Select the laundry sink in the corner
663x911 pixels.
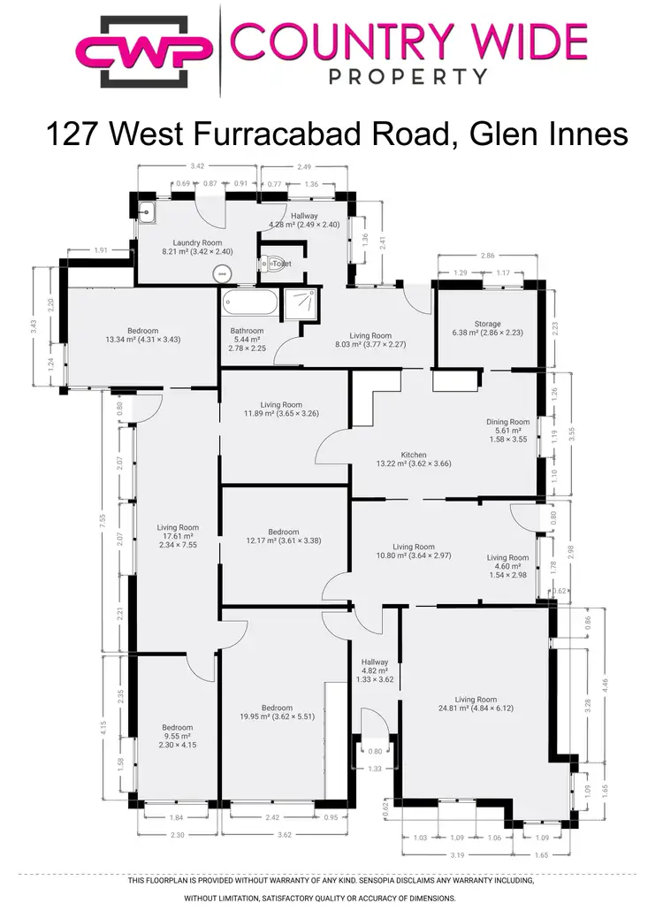click(148, 211)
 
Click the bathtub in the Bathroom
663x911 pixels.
click(248, 303)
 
